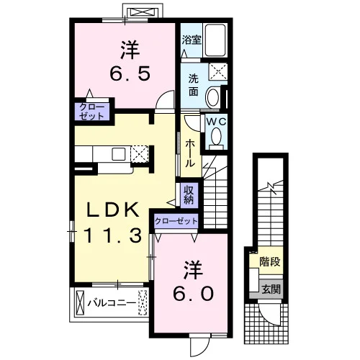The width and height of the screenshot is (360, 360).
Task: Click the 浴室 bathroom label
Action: click(x=192, y=40)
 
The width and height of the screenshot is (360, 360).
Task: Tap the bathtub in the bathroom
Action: click(x=215, y=40)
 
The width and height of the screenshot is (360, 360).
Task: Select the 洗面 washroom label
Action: click(x=193, y=85)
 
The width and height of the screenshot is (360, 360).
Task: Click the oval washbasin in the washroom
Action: click(x=213, y=97)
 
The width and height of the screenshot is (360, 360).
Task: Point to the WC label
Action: click(x=216, y=122)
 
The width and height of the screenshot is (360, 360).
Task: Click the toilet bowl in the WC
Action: click(x=216, y=136)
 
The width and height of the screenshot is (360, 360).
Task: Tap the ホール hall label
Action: click(x=190, y=153)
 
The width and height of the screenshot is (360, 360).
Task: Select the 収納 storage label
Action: click(x=189, y=195)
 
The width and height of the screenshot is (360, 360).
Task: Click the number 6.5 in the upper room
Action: click(x=130, y=73)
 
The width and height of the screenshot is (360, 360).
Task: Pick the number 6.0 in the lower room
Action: click(x=193, y=294)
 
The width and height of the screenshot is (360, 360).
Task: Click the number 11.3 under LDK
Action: click(x=112, y=235)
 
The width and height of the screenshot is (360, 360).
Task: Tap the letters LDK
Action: click(x=113, y=210)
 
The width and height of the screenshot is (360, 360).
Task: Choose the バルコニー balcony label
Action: click(x=112, y=303)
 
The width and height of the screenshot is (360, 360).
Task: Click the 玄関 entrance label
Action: click(x=271, y=289)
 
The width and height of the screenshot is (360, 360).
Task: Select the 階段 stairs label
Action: click(x=270, y=261)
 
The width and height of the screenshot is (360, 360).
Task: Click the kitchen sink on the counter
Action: click(x=119, y=154)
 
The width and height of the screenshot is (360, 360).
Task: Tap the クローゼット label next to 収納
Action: click(x=176, y=221)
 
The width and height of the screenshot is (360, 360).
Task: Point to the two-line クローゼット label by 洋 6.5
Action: click(x=92, y=112)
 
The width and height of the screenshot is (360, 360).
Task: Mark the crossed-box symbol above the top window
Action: click(x=143, y=12)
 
